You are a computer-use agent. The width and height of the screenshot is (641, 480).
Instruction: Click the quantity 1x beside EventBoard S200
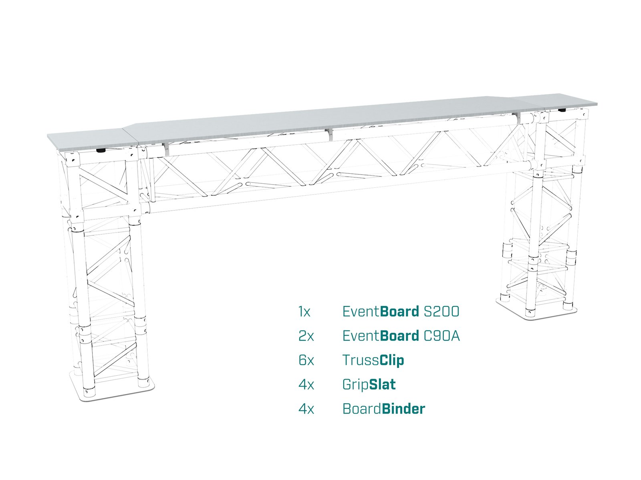pos(304,311)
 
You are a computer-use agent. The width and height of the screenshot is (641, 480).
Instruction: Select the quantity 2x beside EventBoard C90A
pos(306,336)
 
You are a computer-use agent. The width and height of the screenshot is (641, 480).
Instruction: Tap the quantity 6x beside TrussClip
pos(306,360)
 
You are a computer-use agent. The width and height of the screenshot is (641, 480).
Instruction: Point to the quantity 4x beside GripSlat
pos(306,385)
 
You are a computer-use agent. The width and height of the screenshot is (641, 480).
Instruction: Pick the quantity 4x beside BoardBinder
pos(306,409)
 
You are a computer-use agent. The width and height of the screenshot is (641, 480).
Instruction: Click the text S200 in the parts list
pos(441,311)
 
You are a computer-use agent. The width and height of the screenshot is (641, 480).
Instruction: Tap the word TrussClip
pos(373,360)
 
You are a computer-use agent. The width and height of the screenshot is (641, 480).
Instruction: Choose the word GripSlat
pos(369,385)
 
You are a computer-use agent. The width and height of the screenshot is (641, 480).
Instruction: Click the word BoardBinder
pos(383,409)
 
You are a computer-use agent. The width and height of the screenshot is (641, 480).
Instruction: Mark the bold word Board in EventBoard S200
pos(399,311)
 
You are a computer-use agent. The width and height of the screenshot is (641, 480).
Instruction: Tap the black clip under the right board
pos(562,110)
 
